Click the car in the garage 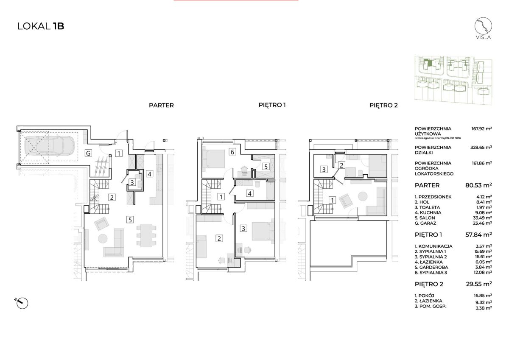coord(49,146)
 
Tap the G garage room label coord(88,153)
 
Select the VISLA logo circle coord(483,26)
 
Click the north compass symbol coord(22,303)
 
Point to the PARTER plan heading coord(161,106)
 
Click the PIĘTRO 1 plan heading coord(272,105)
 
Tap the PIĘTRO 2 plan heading coord(383,105)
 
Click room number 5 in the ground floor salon coord(130,220)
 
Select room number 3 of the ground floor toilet coord(132,182)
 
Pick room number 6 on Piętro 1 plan coord(232,152)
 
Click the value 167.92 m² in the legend coord(481,128)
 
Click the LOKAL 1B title coord(41,26)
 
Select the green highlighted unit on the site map coord(428,63)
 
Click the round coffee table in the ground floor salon coord(103,238)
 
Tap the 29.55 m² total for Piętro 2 coord(479,284)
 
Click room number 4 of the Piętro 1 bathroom coord(250,193)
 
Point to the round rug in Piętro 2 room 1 coord(363,196)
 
